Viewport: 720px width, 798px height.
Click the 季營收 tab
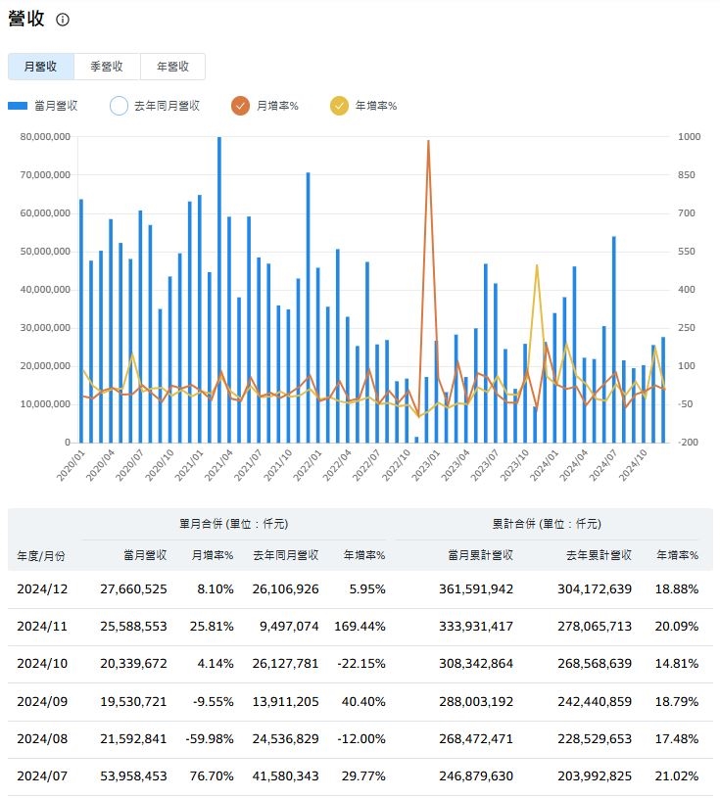point(107,67)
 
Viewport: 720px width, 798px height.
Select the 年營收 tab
point(172,67)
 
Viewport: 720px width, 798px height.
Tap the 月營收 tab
point(41,67)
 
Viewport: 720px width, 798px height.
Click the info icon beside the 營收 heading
point(63,20)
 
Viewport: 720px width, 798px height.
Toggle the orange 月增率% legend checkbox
point(241,106)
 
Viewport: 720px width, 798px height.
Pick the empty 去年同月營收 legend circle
point(119,106)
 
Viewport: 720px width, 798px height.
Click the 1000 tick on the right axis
point(691,137)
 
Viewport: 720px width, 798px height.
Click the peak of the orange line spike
point(428,141)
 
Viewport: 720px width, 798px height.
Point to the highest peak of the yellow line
point(536,265)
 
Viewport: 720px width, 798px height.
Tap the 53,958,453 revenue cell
point(133,775)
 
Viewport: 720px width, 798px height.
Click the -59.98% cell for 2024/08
point(207,738)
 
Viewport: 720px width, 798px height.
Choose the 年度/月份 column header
point(41,555)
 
